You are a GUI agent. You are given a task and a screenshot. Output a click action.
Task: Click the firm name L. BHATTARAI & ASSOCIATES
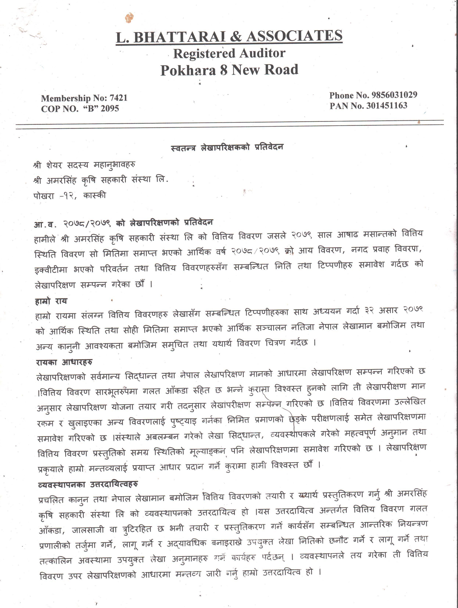[x=229, y=37]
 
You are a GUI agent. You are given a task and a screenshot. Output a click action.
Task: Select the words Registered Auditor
[x=229, y=53]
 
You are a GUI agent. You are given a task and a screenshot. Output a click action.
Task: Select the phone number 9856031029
[x=394, y=95]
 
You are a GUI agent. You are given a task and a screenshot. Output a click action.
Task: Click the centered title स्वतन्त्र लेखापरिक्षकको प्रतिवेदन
[x=227, y=148]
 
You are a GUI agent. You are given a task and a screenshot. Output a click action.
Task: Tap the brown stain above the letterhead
[x=129, y=18]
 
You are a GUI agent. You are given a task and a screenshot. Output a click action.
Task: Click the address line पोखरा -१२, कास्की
[x=69, y=196]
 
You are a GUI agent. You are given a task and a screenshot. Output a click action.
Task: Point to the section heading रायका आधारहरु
[x=64, y=362]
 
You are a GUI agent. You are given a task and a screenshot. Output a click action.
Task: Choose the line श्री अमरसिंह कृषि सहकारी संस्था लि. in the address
[x=101, y=180]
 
